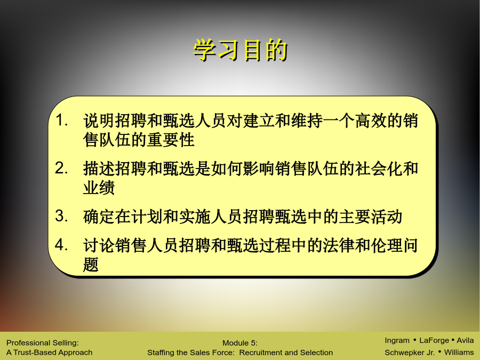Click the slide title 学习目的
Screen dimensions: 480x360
(x=241, y=50)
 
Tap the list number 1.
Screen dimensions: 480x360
(x=61, y=120)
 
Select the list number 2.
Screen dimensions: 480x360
(x=61, y=168)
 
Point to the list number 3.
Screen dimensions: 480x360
(x=61, y=216)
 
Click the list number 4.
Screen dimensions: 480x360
(x=61, y=245)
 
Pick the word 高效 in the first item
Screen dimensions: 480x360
(x=371, y=120)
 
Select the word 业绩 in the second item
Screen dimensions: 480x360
(x=99, y=187)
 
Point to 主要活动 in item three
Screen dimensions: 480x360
(x=371, y=216)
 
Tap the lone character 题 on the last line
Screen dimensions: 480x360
(x=91, y=264)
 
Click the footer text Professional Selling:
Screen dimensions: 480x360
(x=43, y=343)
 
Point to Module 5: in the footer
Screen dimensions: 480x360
(x=240, y=343)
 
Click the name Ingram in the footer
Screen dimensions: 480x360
(x=397, y=340)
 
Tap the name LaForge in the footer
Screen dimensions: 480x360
(x=434, y=340)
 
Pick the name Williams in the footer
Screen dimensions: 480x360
(x=459, y=353)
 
